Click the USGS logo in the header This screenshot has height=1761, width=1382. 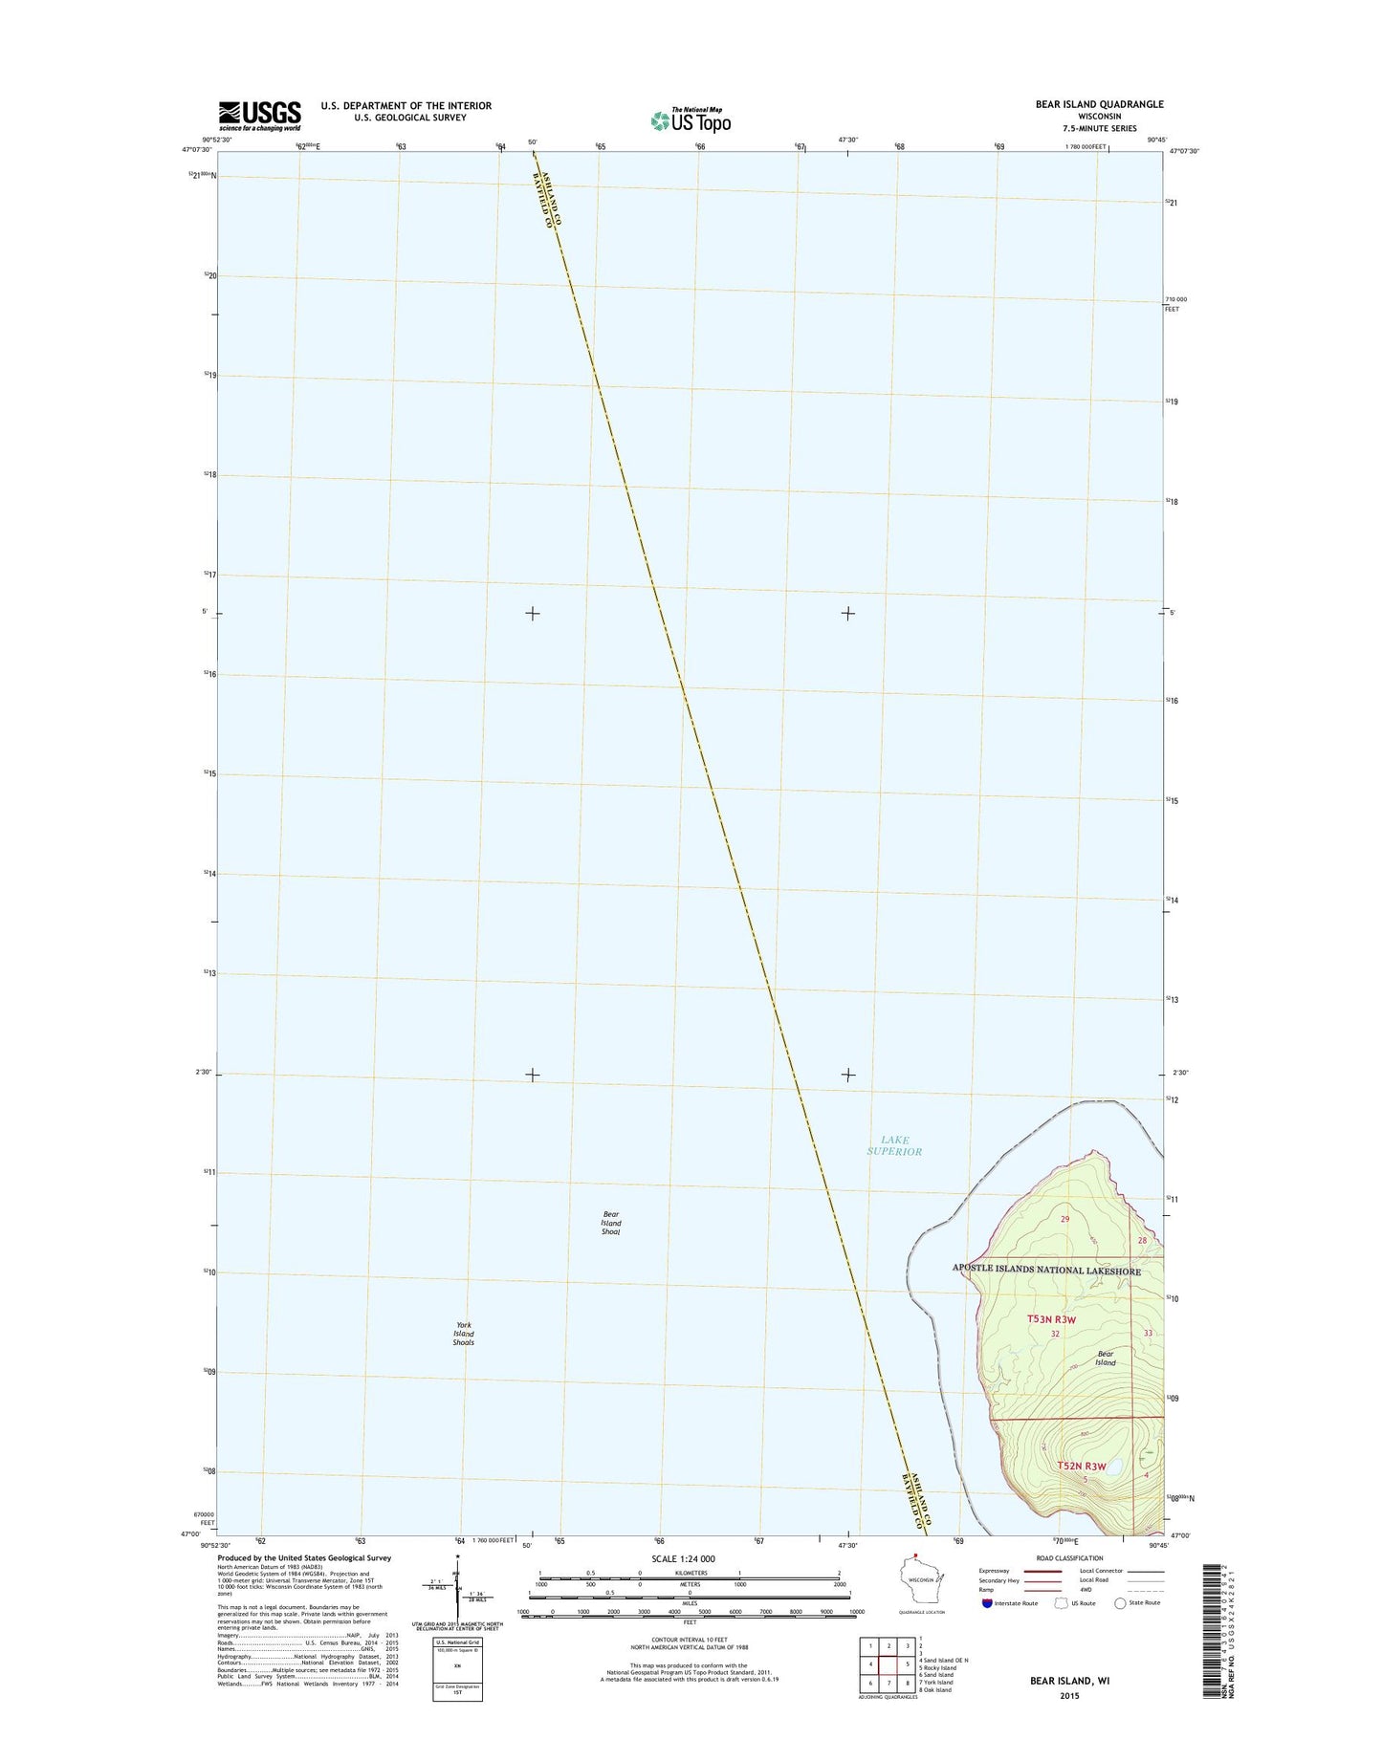pyautogui.click(x=259, y=116)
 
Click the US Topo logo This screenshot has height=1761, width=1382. pyautogui.click(x=691, y=120)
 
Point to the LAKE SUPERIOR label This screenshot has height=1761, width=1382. pyautogui.click(x=894, y=1145)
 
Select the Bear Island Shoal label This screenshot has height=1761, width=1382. pyautogui.click(x=611, y=1223)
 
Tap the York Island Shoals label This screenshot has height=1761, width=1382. pyautogui.click(x=463, y=1334)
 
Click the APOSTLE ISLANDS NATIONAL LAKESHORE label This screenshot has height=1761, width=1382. pyautogui.click(x=1046, y=1270)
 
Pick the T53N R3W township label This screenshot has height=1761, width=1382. pyautogui.click(x=1051, y=1319)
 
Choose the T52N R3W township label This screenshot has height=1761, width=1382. pyautogui.click(x=1081, y=1466)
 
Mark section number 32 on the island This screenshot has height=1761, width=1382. pyautogui.click(x=1055, y=1334)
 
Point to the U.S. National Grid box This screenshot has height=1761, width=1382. pyautogui.click(x=458, y=1668)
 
